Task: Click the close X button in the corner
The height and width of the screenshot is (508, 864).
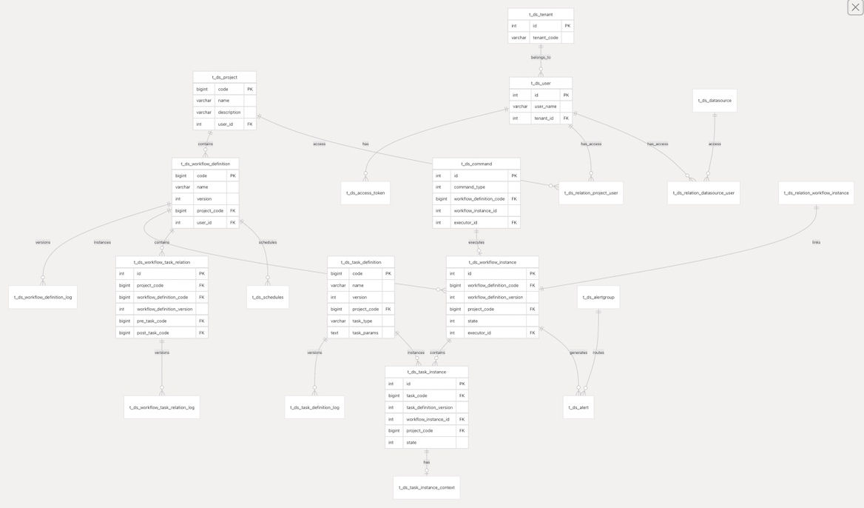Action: (855, 7)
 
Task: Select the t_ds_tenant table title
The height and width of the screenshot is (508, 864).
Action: (540, 14)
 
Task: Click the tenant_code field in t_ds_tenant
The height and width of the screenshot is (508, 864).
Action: (546, 38)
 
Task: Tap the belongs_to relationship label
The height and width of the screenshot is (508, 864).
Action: (541, 57)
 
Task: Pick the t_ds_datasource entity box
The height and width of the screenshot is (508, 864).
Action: (715, 101)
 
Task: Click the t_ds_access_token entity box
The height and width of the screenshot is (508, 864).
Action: (365, 193)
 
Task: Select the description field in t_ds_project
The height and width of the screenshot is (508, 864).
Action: (229, 113)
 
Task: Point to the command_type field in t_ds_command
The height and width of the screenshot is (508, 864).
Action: (470, 187)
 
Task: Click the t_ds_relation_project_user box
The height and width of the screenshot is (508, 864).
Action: (591, 193)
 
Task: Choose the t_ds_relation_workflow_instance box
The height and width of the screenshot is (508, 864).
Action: (816, 193)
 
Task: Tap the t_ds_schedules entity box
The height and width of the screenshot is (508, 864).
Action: (268, 298)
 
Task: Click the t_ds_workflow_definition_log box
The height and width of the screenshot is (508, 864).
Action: (43, 298)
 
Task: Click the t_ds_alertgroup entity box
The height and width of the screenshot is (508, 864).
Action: (598, 298)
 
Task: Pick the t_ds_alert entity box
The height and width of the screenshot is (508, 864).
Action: (578, 407)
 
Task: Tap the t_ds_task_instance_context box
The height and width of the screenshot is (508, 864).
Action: (427, 487)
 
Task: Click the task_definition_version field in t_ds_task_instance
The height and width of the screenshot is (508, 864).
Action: (430, 407)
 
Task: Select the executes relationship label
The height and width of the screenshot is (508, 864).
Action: (476, 242)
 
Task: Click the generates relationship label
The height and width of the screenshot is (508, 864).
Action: (578, 352)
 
